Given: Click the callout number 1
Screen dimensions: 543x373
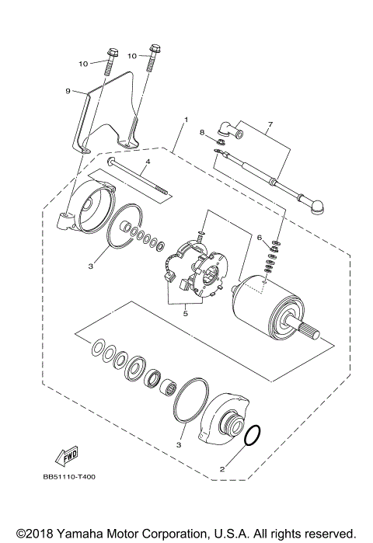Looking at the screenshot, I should coord(186,120).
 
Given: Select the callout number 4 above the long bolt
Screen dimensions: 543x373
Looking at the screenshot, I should coord(146,162).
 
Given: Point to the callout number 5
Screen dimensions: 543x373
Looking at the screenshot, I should coord(185,315).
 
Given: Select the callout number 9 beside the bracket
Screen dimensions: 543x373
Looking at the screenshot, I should coord(68,91).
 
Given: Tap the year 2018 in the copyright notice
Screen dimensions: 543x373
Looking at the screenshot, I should coord(35,534).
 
